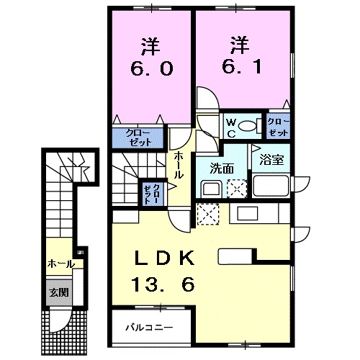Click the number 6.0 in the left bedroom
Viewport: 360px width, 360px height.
pyautogui.click(x=150, y=69)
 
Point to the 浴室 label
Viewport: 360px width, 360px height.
pyautogui.click(x=275, y=159)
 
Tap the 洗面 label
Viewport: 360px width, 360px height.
pyautogui.click(x=222, y=169)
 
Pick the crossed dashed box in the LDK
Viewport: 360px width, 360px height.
pyautogui.click(x=207, y=214)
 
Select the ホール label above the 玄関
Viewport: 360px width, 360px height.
pyautogui.click(x=60, y=264)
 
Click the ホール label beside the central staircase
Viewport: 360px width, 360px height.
pyautogui.click(x=179, y=165)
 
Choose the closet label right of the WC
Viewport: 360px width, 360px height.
pyautogui.click(x=277, y=127)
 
